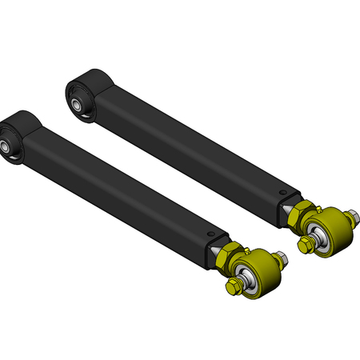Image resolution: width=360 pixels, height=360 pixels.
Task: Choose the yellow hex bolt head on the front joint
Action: (x=233, y=286)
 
